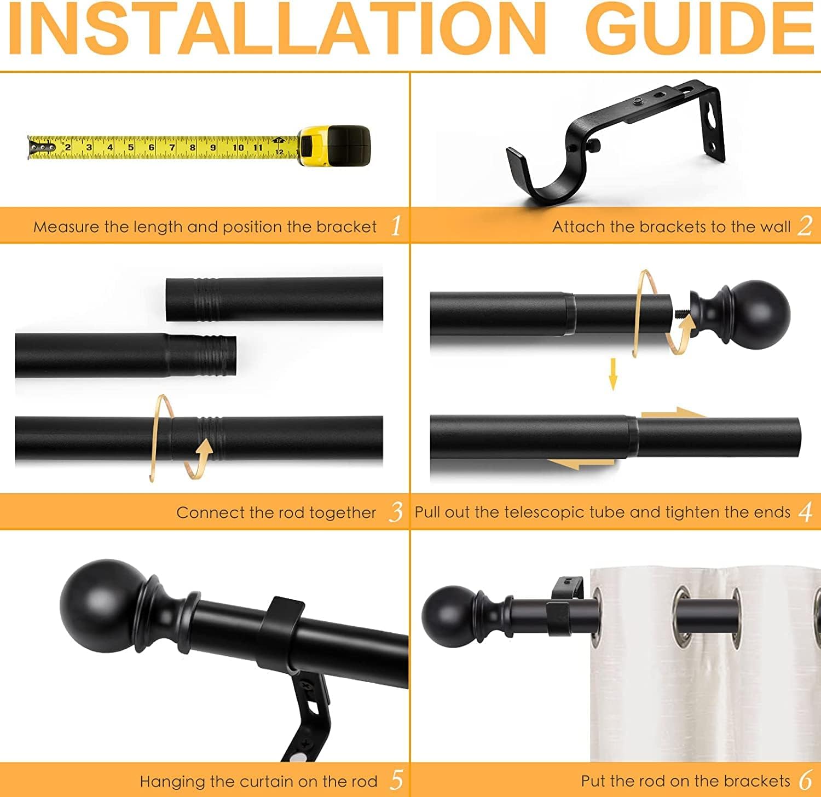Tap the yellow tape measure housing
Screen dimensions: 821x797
pyautogui.click(x=334, y=146)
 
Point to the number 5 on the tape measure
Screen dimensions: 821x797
pyautogui.click(x=130, y=147)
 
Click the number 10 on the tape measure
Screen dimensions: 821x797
pyautogui.click(x=238, y=147)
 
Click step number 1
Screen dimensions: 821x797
pyautogui.click(x=396, y=226)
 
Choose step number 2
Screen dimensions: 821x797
pyautogui.click(x=805, y=226)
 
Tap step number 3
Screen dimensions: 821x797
pyautogui.click(x=396, y=512)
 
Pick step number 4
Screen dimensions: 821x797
pyautogui.click(x=805, y=512)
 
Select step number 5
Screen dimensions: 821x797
pyautogui.click(x=396, y=780)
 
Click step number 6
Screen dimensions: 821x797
pyautogui.click(x=805, y=780)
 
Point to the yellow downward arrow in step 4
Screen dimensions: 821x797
pyautogui.click(x=613, y=374)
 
